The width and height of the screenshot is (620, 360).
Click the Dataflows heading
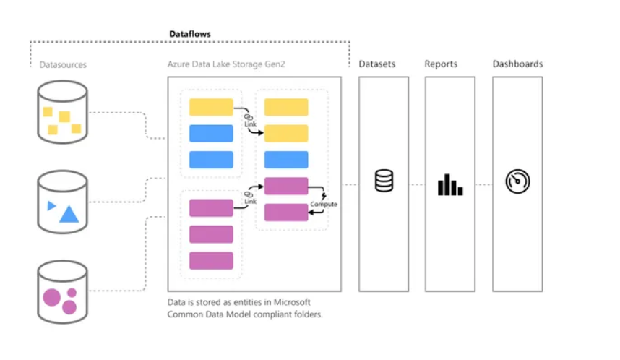click(x=191, y=33)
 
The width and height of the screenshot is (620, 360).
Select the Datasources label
click(x=63, y=64)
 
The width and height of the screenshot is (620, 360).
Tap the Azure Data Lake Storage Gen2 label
click(x=226, y=64)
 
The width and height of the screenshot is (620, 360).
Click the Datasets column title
click(x=377, y=64)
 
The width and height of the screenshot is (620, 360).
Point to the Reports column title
click(x=441, y=64)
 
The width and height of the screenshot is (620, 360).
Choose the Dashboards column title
click(x=517, y=64)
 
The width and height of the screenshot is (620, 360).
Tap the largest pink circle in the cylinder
click(x=52, y=297)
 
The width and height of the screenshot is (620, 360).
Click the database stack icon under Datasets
click(x=384, y=180)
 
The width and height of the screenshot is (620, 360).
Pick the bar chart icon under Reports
click(x=450, y=184)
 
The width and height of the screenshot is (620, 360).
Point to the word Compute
click(x=324, y=205)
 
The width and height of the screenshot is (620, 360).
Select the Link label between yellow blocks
click(x=250, y=124)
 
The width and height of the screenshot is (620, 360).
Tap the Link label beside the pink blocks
click(x=250, y=200)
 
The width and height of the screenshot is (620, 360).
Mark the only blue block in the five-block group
click(x=286, y=160)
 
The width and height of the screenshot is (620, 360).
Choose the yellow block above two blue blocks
click(x=211, y=107)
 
